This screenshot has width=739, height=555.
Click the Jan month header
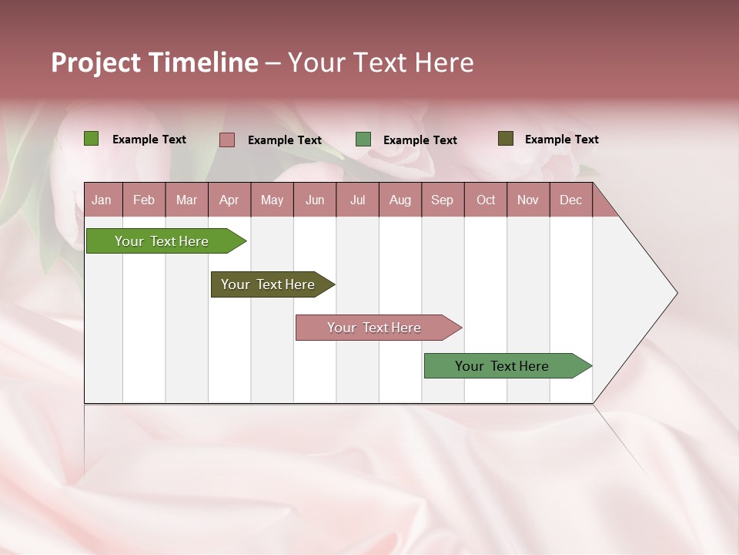point(102,200)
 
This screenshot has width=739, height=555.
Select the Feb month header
point(144,200)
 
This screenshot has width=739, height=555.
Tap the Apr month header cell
point(229,200)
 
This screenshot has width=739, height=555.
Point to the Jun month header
point(315,200)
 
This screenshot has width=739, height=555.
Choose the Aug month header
point(400,200)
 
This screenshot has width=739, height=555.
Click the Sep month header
point(443,200)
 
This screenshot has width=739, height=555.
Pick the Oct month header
point(486,200)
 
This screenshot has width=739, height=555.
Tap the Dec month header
point(571,200)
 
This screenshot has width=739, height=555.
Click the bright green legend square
point(91,139)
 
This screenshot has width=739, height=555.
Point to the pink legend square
point(227,140)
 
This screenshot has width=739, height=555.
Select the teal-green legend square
point(363,140)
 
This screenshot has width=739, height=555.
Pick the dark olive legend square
point(505,139)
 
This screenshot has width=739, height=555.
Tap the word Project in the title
point(95,62)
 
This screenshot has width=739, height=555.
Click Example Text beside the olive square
point(561,140)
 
